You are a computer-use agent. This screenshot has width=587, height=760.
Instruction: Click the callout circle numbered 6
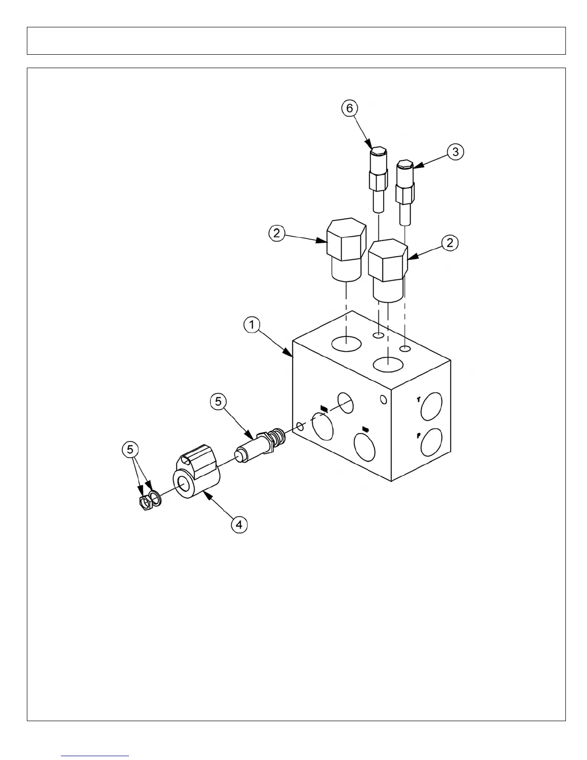[x=350, y=108]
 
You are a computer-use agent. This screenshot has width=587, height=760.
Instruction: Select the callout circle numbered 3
[x=455, y=152]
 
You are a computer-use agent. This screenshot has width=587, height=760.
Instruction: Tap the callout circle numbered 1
[x=251, y=325]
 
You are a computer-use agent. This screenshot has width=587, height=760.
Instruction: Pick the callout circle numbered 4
[x=239, y=524]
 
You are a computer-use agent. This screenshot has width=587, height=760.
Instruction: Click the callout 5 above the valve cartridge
[x=218, y=401]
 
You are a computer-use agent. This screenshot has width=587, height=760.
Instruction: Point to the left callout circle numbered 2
[x=276, y=234]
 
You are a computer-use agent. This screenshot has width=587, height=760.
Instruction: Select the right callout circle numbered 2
[x=450, y=243]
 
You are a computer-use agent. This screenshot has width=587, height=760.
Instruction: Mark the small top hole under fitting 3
[x=405, y=348]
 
